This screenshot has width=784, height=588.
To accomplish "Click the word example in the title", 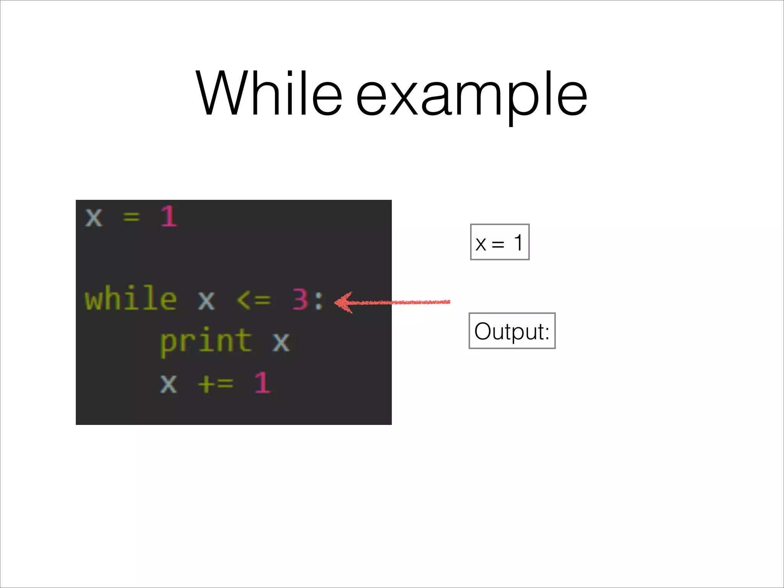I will pyautogui.click(x=471, y=96).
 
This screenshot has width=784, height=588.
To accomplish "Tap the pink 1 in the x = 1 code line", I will pyautogui.click(x=169, y=217).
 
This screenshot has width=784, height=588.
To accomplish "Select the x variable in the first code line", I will pyautogui.click(x=94, y=218).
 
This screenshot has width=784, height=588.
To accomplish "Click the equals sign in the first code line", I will pyautogui.click(x=131, y=218).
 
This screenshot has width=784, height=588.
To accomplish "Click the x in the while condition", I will pyautogui.click(x=206, y=301).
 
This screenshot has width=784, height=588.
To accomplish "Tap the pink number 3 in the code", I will pyautogui.click(x=300, y=299).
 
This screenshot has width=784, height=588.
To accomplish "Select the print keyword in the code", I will pyautogui.click(x=206, y=341).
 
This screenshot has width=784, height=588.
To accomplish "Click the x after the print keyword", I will pyautogui.click(x=281, y=342).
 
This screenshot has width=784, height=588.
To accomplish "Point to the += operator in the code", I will pyautogui.click(x=216, y=383).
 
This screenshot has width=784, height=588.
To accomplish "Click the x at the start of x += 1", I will pyautogui.click(x=168, y=383).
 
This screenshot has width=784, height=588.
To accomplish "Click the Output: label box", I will pyautogui.click(x=512, y=331).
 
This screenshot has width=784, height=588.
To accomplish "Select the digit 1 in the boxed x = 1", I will pyautogui.click(x=518, y=242).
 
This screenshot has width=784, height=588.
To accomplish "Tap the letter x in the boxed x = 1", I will pyautogui.click(x=481, y=244).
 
